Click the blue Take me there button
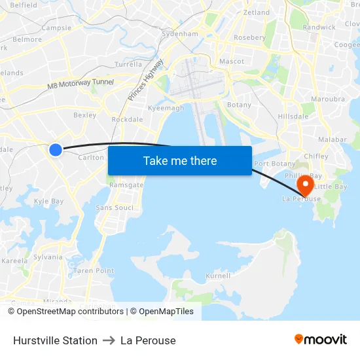tap(180, 160)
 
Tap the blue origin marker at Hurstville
tap(56, 150)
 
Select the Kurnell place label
tap(218, 276)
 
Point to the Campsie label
tap(56, 28)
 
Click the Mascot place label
tap(232, 62)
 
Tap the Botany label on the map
tap(239, 105)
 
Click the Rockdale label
tap(127, 120)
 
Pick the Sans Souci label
tap(115, 207)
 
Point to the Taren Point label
tap(94, 270)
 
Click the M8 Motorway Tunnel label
tap(81, 84)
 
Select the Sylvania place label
tap(48, 257)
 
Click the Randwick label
tap(319, 27)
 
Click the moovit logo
tap(321, 340)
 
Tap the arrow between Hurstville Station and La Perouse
tap(109, 340)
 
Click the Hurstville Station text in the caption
tap(55, 340)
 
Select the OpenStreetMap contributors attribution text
tap(70, 312)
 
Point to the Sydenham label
tap(180, 33)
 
